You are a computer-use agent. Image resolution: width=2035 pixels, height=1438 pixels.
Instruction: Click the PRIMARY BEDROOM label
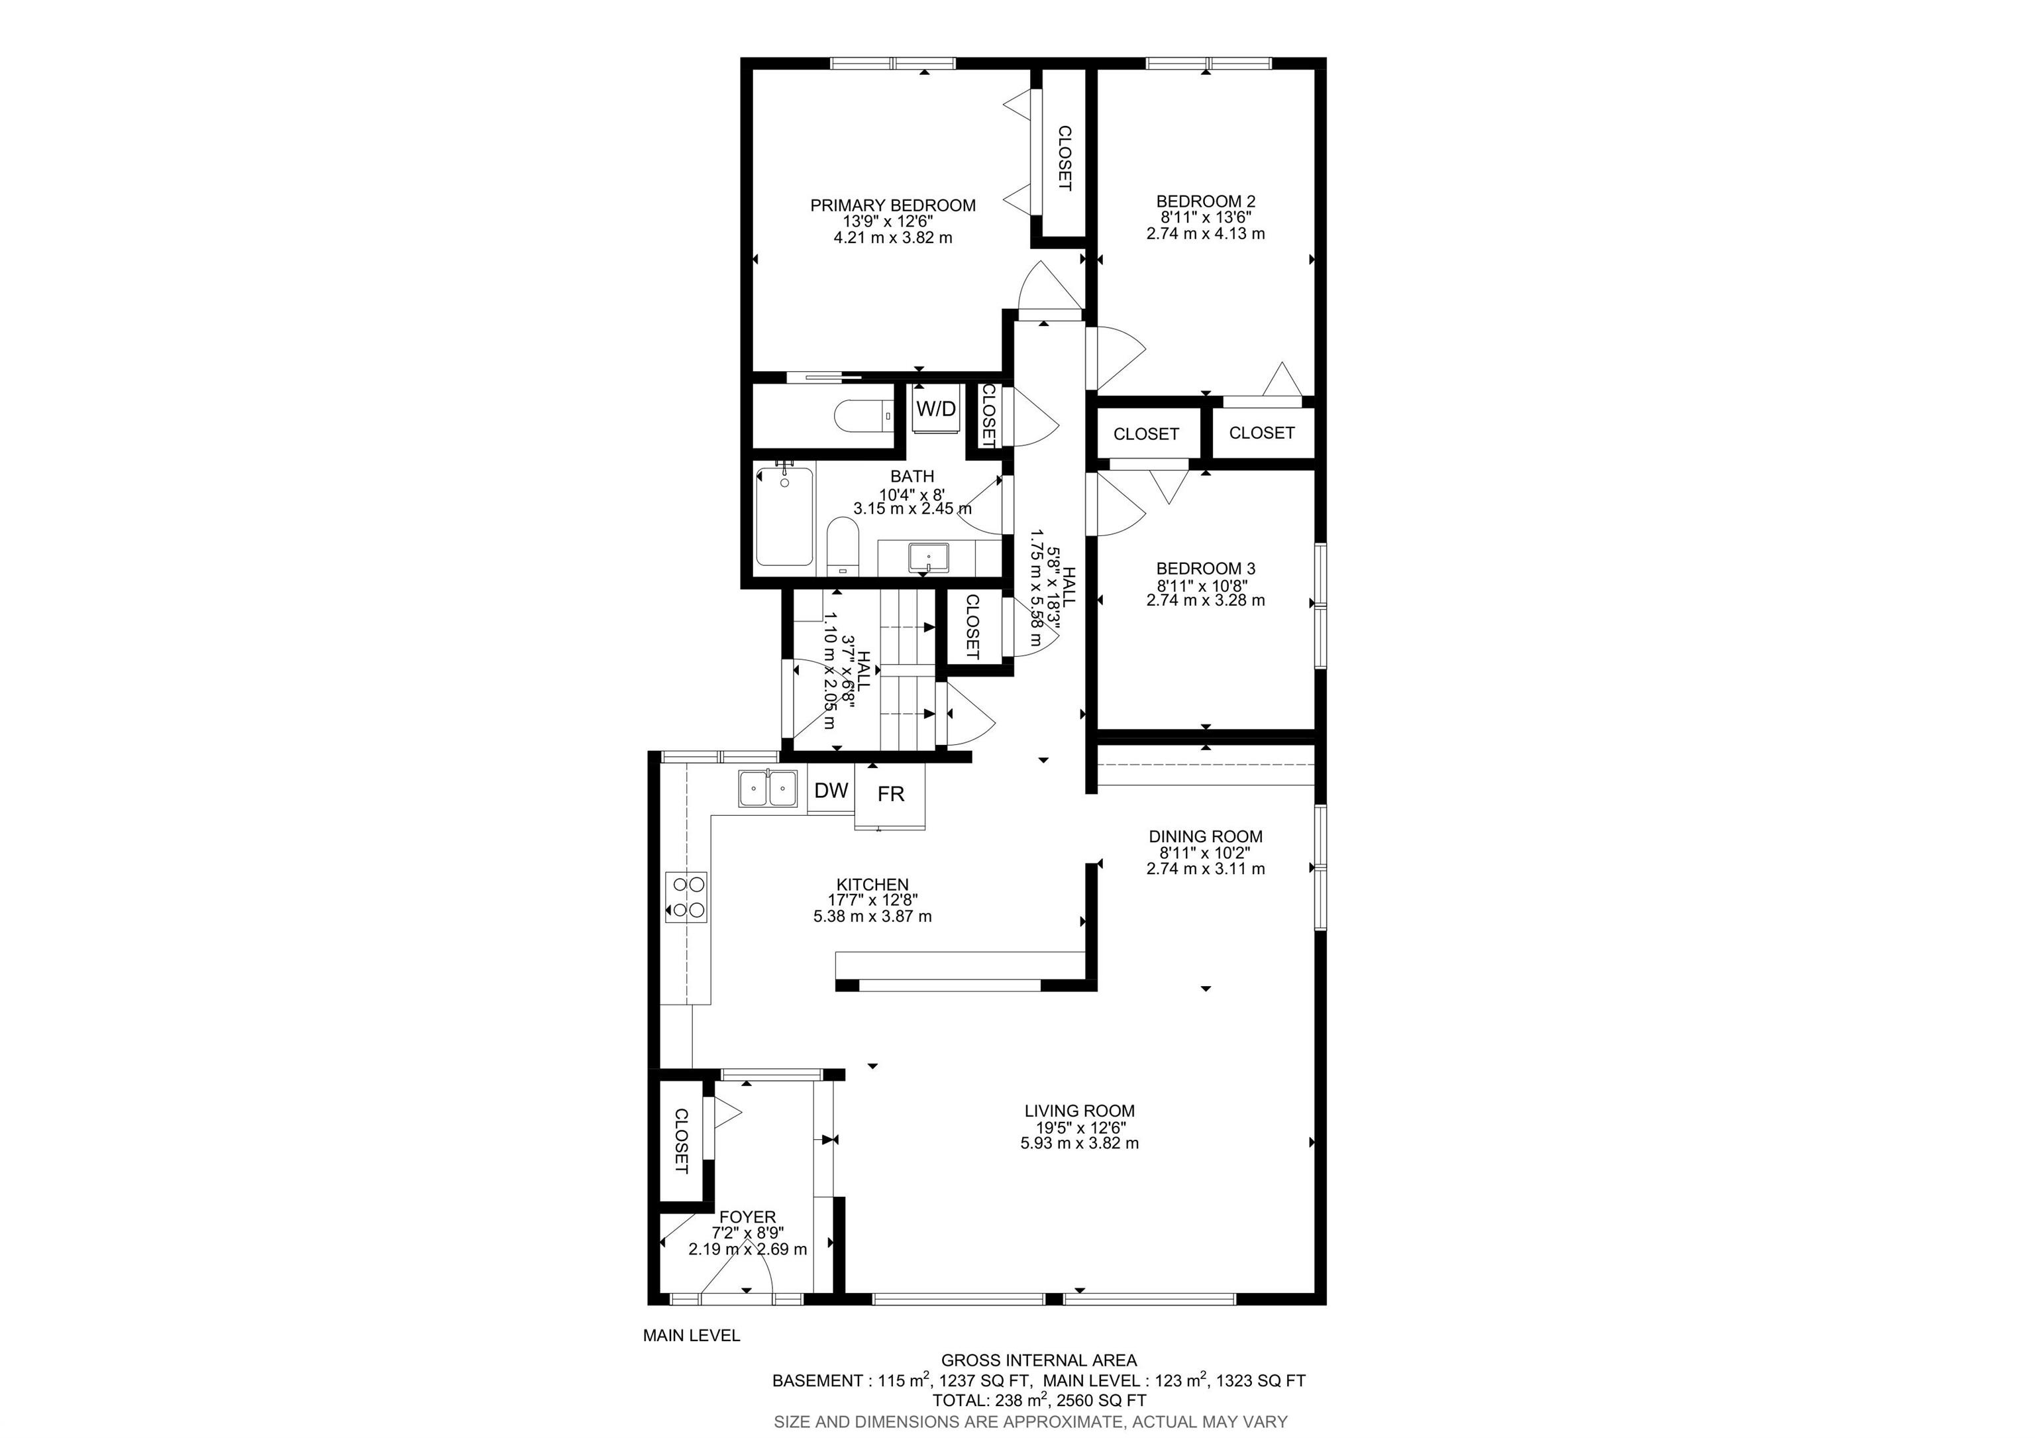click(892, 205)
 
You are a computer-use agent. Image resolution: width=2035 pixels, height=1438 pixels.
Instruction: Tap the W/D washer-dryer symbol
click(936, 409)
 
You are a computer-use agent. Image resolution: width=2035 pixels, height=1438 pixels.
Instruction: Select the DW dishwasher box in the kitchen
click(831, 791)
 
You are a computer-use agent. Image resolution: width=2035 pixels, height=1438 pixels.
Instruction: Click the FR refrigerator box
click(890, 795)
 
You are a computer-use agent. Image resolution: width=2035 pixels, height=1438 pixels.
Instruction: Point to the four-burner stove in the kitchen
click(687, 897)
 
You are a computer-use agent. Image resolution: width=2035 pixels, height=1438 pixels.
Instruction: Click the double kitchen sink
click(768, 788)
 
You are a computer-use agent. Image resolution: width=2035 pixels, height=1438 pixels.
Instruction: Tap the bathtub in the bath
click(784, 516)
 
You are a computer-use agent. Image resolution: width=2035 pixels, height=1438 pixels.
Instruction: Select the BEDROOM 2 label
click(1206, 202)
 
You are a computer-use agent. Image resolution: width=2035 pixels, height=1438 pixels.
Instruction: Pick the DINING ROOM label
click(1206, 836)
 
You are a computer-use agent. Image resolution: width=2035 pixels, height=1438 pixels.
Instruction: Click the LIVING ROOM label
click(1080, 1111)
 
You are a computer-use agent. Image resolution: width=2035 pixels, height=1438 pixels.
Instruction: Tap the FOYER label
click(747, 1217)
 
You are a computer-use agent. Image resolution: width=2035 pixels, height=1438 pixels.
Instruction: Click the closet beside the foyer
click(681, 1141)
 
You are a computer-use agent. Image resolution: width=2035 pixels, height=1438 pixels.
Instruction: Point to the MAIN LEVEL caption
click(692, 1335)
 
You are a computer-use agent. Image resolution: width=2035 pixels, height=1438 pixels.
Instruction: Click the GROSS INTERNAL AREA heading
click(1039, 1360)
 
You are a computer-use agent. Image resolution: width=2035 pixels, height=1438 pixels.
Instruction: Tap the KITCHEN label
click(872, 885)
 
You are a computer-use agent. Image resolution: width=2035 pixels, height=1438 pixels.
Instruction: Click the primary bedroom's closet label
click(1065, 158)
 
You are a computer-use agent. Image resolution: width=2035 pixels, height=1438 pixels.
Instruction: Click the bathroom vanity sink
click(928, 558)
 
